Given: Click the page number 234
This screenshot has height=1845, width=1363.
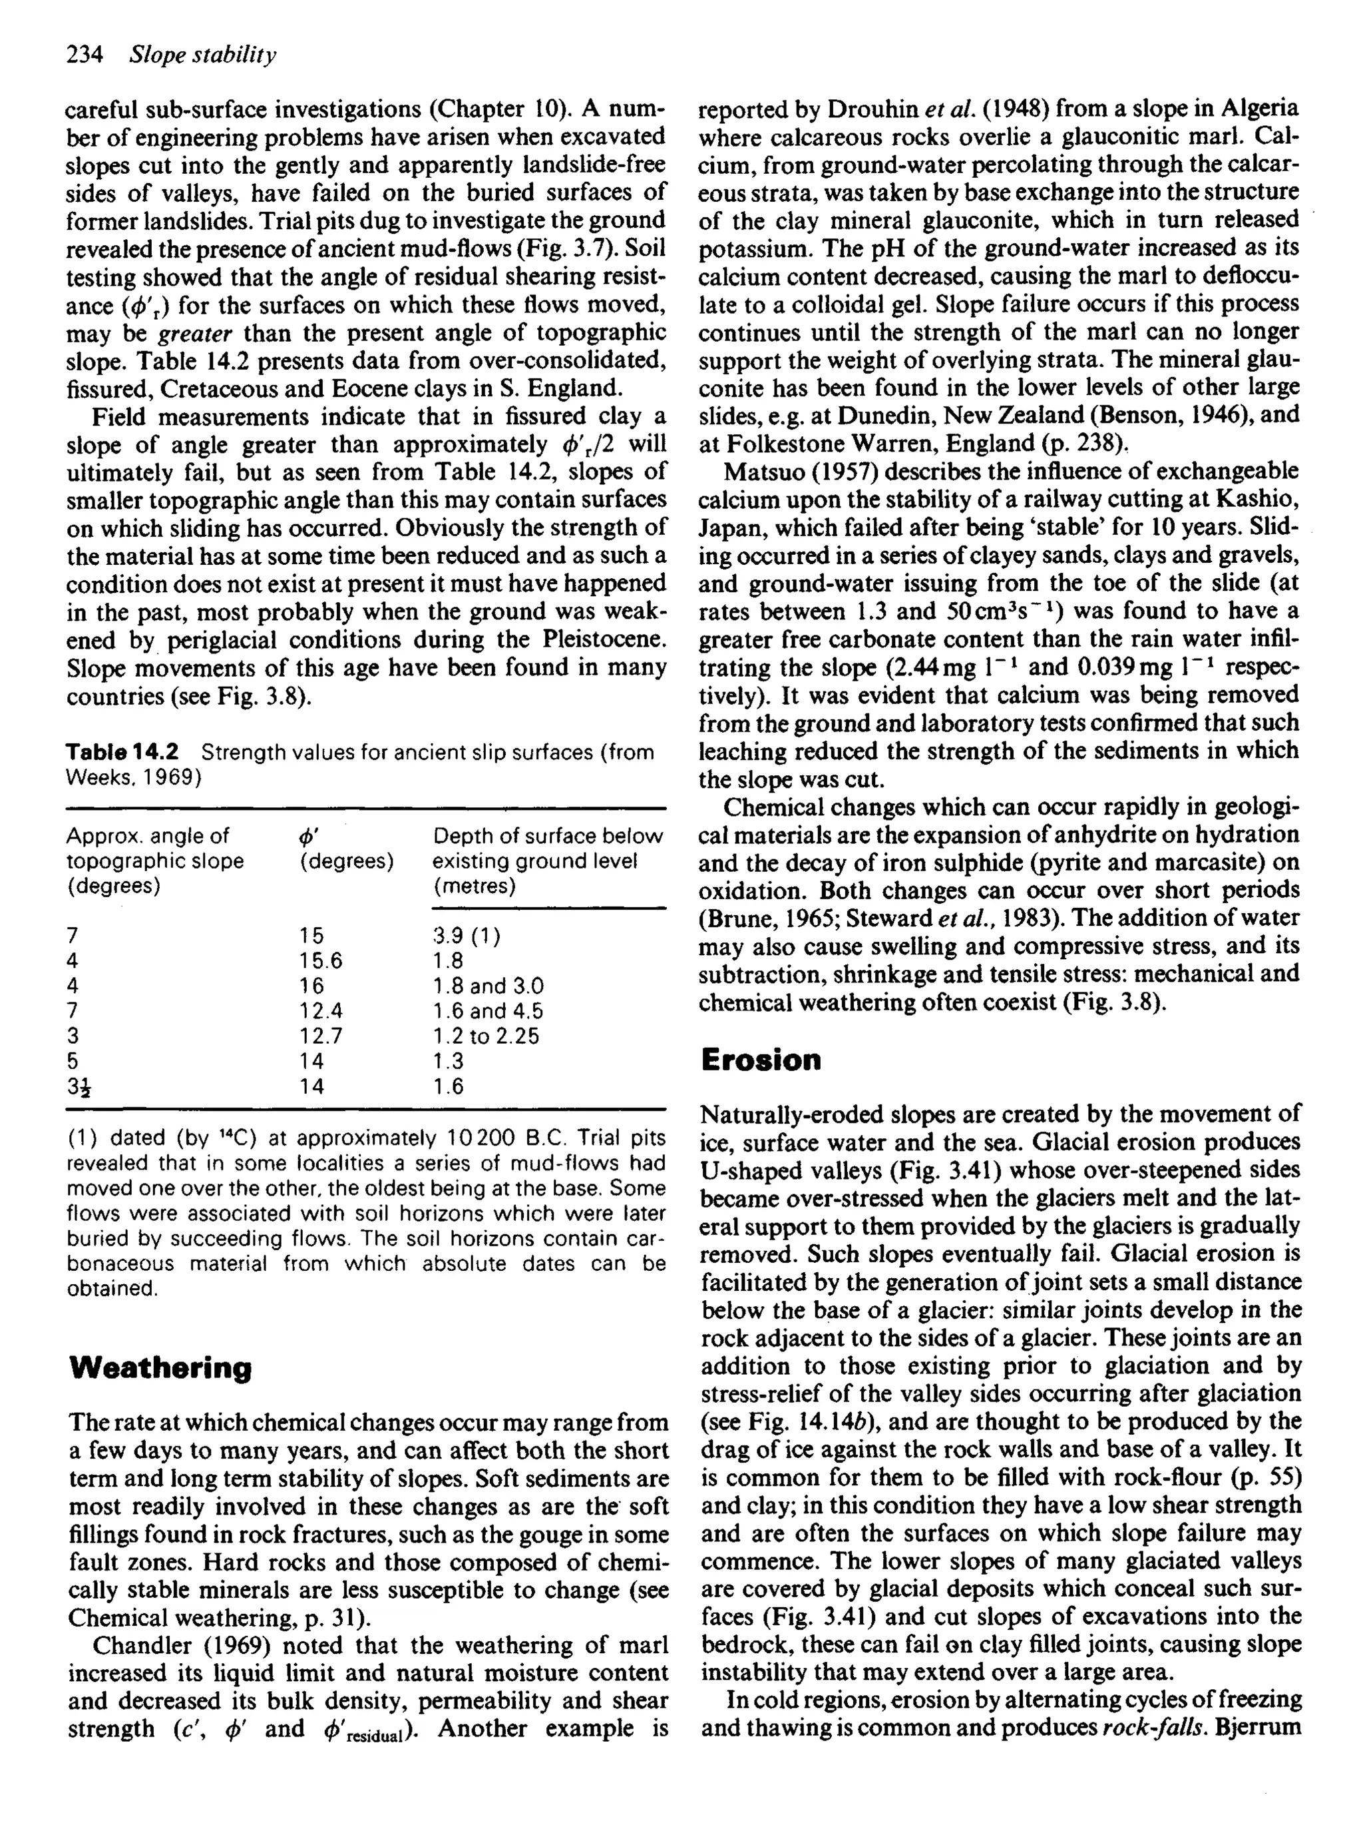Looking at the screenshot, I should coord(84,55).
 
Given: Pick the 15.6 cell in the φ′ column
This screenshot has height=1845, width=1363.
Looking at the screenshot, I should coord(321,960).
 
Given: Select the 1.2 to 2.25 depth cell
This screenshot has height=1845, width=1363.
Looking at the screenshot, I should coord(486,1035).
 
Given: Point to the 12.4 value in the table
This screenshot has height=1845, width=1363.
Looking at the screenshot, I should coord(321,1010).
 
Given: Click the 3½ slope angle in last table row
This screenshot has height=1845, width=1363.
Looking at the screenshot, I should coord(79,1086).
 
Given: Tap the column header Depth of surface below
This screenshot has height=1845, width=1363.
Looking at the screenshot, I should coord(548,836).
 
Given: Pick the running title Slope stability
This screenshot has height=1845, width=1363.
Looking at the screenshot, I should coord(203,55).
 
